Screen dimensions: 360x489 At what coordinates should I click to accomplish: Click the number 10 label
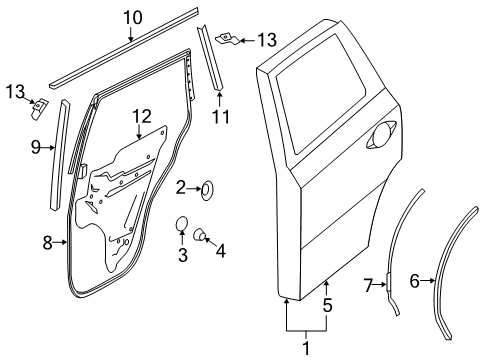click(133, 17)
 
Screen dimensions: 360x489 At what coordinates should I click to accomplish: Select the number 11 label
click(220, 118)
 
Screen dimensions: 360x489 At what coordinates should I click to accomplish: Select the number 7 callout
click(368, 287)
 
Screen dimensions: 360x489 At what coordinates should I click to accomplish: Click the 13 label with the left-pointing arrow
click(266, 39)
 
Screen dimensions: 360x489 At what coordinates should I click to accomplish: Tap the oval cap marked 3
click(181, 223)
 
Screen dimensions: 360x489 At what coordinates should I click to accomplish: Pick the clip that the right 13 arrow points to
click(227, 39)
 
